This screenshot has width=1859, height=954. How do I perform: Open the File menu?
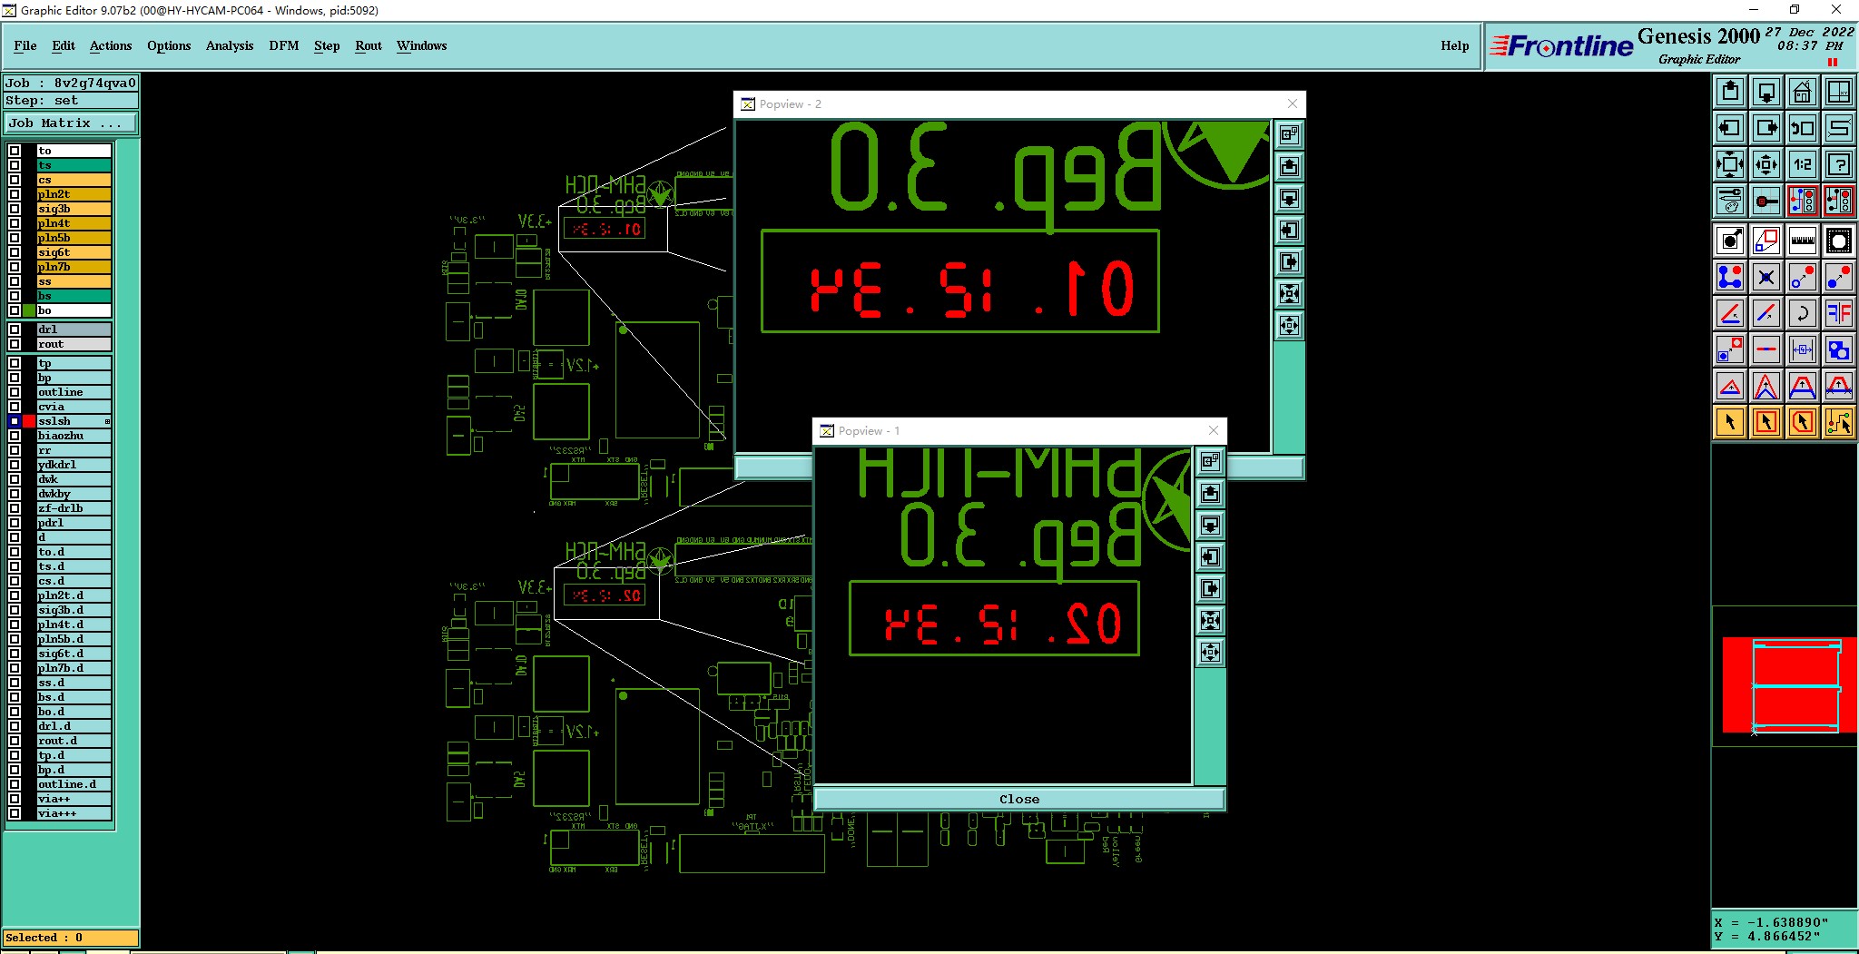[x=25, y=45]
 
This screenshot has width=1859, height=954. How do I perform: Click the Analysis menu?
[x=229, y=45]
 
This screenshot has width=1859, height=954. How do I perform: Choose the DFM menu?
[x=283, y=45]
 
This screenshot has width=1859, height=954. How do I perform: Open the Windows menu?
[x=421, y=45]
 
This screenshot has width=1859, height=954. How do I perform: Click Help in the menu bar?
[x=1454, y=45]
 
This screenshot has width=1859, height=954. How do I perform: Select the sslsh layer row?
[x=54, y=421]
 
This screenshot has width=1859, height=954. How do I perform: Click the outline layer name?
[x=60, y=392]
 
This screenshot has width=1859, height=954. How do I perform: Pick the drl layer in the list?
[x=47, y=329]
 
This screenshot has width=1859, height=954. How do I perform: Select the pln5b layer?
[x=54, y=238]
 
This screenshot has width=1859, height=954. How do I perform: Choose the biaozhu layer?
[x=60, y=436]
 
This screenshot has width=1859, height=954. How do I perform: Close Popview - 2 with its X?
[x=1293, y=103]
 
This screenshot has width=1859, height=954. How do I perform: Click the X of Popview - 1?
[x=1214, y=430]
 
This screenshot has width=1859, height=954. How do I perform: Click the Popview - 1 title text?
[x=869, y=431]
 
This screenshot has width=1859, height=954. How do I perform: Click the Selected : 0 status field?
[x=71, y=938]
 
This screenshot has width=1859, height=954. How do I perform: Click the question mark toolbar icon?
[x=1839, y=164]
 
